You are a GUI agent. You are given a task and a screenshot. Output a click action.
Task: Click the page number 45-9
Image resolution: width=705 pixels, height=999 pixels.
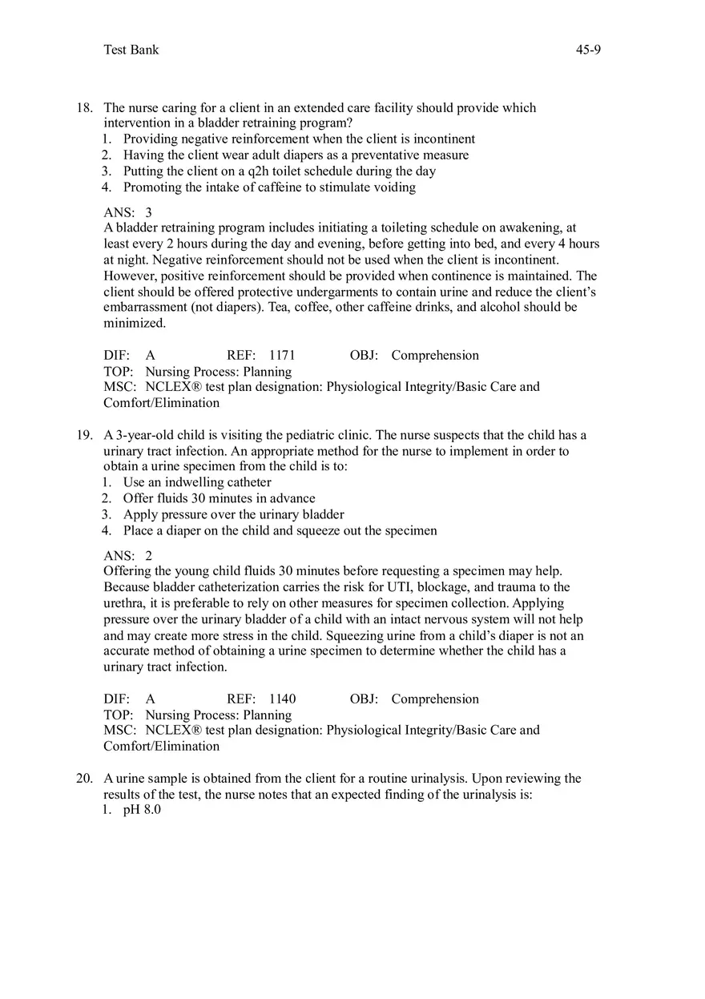coord(588,50)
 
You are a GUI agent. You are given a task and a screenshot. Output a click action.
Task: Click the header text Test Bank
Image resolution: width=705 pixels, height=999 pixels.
coord(131,50)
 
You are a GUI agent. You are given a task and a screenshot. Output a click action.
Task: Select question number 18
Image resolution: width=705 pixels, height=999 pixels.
coord(85,107)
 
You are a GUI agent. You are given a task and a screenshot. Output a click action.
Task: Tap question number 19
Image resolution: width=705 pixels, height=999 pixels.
coord(85,435)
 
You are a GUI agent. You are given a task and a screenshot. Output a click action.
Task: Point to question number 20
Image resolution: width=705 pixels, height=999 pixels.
coord(85,778)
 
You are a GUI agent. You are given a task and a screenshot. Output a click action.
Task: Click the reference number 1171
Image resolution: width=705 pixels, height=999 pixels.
coord(282,355)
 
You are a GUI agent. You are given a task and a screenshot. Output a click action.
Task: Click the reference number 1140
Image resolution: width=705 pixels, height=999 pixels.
coord(282,699)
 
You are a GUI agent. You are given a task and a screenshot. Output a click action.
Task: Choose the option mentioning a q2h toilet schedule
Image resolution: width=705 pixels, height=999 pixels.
coord(279,171)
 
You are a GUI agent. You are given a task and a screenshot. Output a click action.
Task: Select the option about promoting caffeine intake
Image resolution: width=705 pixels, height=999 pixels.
coord(269,187)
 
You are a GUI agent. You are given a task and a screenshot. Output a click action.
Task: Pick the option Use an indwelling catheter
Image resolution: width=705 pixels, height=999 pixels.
coord(197,482)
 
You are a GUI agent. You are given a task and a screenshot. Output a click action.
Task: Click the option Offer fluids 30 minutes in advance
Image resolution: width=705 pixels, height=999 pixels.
coord(219,498)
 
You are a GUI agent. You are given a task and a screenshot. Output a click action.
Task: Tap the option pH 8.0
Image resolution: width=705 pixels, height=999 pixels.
coord(142,810)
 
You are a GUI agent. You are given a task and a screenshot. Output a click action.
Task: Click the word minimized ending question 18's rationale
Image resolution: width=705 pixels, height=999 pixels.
coord(135,323)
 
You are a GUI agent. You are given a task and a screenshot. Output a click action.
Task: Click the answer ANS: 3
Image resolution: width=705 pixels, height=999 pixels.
coord(128,212)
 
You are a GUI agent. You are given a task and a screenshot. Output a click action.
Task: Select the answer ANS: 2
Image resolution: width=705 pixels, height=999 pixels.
coord(128,555)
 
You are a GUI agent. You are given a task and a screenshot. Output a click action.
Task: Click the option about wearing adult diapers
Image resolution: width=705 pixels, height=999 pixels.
coord(296,155)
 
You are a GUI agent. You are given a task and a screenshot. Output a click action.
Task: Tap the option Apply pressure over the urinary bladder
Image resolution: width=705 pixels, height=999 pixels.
coord(233,514)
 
